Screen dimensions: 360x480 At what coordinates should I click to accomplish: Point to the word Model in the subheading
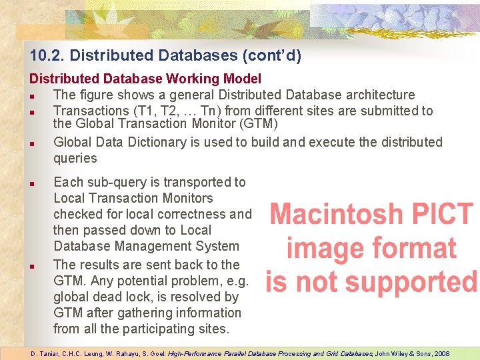243,79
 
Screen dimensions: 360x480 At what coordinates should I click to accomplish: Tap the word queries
75,158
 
